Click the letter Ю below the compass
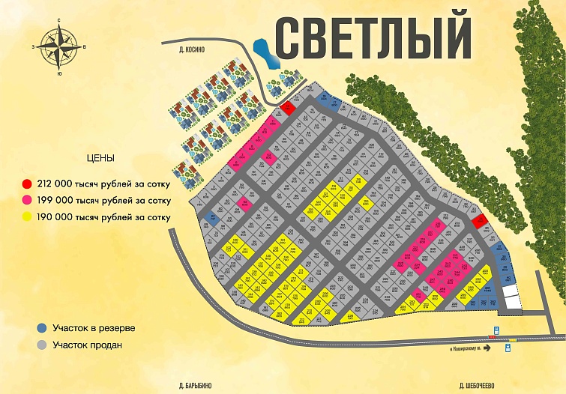coord(59,73)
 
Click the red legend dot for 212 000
coord(27,184)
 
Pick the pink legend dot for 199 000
coord(27,201)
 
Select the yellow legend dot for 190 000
coord(27,217)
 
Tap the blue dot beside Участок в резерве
coord(41,328)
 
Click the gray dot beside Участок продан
coord(41,345)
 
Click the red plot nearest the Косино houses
coord(288,109)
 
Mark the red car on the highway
coord(493,338)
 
